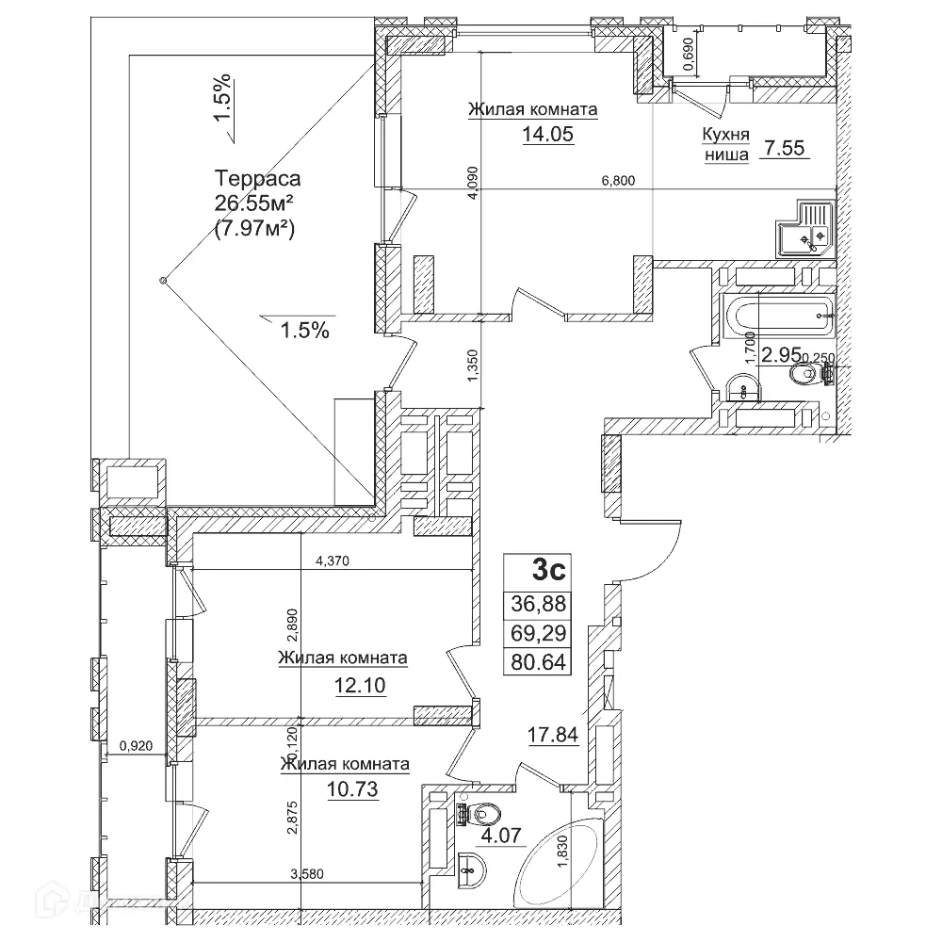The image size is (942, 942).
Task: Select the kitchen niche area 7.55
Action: pos(786,147)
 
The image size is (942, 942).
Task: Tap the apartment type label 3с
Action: pos(549,570)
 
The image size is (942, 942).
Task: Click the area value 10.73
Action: pos(355,789)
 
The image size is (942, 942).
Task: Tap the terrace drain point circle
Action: pos(163,280)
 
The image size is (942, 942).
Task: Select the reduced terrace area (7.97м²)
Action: pos(255,226)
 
